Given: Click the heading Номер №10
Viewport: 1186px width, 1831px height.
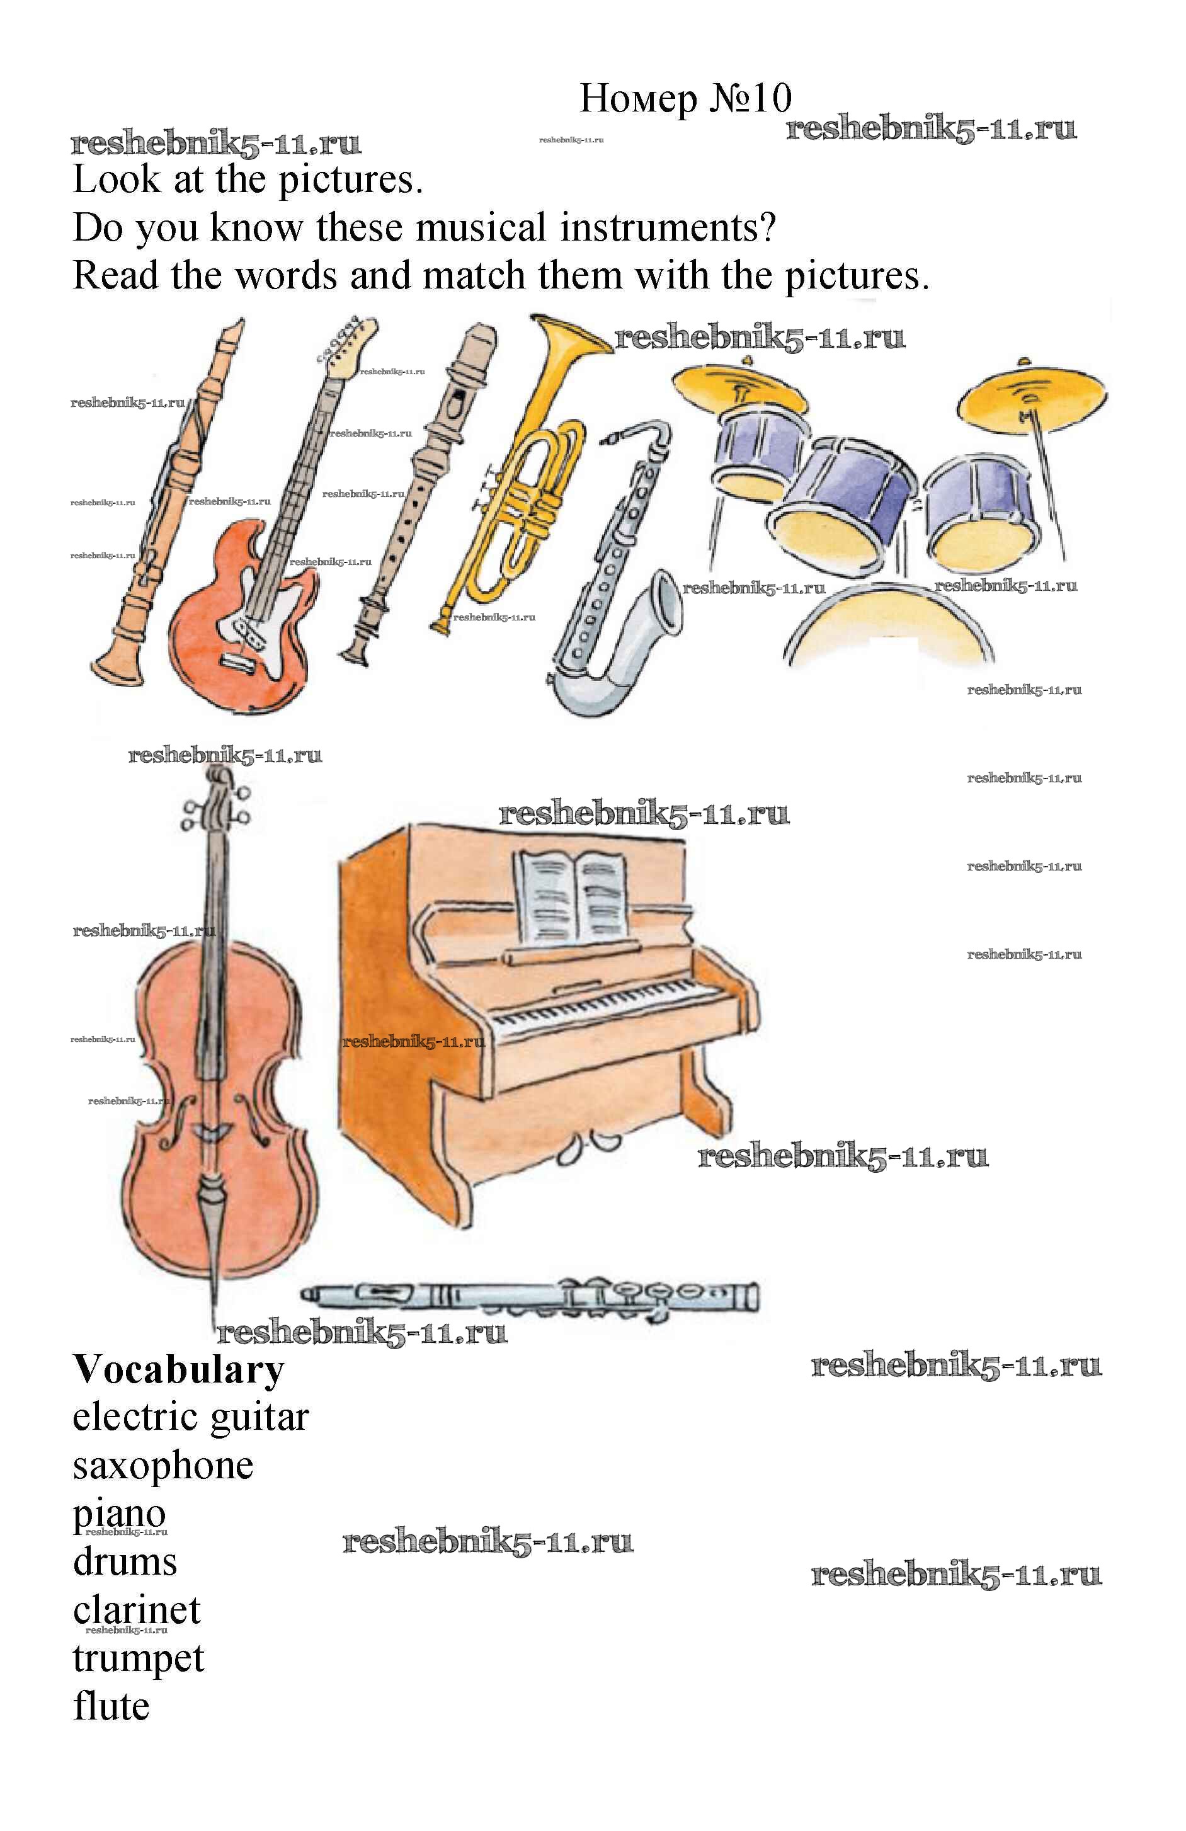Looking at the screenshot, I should click(685, 98).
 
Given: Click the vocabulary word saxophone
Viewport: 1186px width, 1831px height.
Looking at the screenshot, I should click(163, 1466).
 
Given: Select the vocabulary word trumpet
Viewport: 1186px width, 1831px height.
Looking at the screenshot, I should click(139, 1657).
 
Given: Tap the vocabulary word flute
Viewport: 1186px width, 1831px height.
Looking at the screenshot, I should click(111, 1705).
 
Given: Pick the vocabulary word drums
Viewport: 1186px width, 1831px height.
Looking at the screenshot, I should click(125, 1562).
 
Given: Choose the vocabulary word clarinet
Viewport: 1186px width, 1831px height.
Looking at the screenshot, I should click(136, 1609).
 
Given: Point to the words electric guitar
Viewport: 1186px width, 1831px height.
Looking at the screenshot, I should click(190, 1417).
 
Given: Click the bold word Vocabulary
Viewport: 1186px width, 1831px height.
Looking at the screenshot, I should click(178, 1370).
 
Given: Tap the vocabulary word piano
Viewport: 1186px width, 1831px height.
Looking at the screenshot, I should click(119, 1514).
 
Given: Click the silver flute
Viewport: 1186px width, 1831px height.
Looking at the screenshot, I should click(531, 1299).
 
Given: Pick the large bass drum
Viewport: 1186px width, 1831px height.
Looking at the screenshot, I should click(888, 627).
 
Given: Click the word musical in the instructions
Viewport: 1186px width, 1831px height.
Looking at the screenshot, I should click(481, 228).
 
